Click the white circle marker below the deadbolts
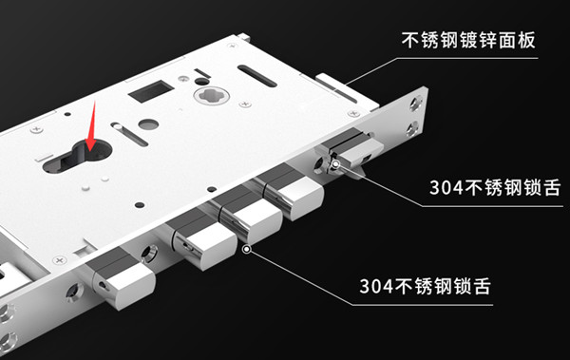[246, 250]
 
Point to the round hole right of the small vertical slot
[143, 123]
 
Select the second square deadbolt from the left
[201, 242]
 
